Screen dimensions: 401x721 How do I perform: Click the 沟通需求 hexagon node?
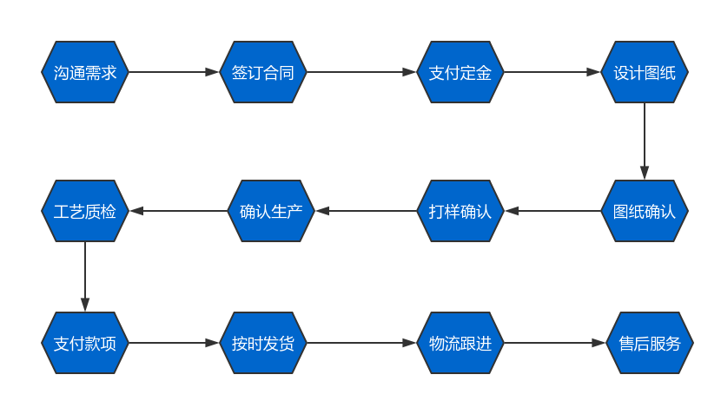pos(85,72)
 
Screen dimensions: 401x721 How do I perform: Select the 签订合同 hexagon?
pos(263,72)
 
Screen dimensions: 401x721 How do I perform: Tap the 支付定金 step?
pos(460,72)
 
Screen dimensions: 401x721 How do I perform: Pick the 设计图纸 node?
pos(645,72)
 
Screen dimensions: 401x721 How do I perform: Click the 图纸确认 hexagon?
pos(645,211)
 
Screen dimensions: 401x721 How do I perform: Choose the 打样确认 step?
pos(460,211)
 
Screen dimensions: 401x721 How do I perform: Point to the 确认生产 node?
pos(271,211)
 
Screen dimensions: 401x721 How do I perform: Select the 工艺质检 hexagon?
pos(85,211)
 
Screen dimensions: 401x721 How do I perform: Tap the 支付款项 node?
pos(85,343)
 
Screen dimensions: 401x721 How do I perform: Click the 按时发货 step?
pos(263,343)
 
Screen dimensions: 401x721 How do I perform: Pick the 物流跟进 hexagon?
pos(460,343)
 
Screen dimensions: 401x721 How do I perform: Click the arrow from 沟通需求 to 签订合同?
pos(174,72)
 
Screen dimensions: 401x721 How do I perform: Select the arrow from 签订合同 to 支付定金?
pos(361,72)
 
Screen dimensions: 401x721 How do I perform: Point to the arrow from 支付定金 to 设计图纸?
pos(552,72)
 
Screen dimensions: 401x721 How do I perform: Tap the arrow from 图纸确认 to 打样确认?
pos(552,211)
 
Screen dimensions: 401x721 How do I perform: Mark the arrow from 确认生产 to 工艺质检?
pos(178,211)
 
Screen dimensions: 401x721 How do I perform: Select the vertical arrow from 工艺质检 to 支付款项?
pos(85,277)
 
